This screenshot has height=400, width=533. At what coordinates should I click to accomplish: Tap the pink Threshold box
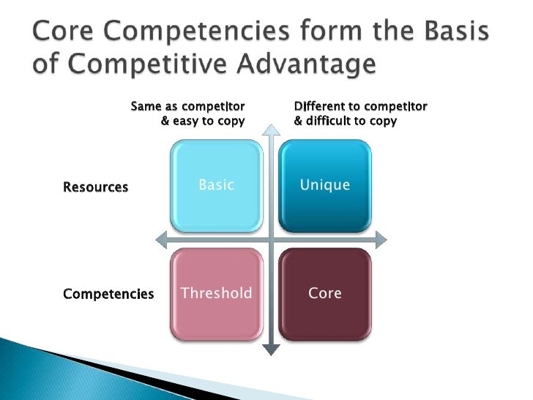point(216,294)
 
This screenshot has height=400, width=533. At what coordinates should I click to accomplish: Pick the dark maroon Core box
point(325,294)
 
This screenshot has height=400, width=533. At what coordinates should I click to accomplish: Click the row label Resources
point(96,187)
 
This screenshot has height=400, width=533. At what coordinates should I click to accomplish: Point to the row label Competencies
point(108,295)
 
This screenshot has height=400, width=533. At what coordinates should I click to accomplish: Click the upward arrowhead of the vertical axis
point(271,131)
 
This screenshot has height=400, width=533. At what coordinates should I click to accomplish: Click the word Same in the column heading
point(145,107)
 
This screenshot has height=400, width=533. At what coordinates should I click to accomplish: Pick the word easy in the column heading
point(185,121)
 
